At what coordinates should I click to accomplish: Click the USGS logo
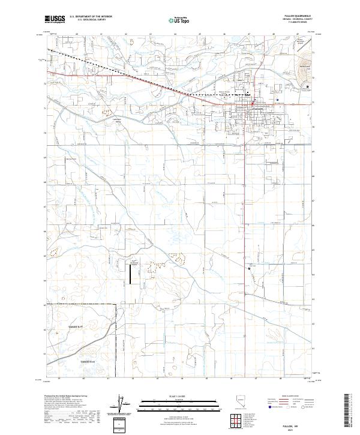click(55, 19)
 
